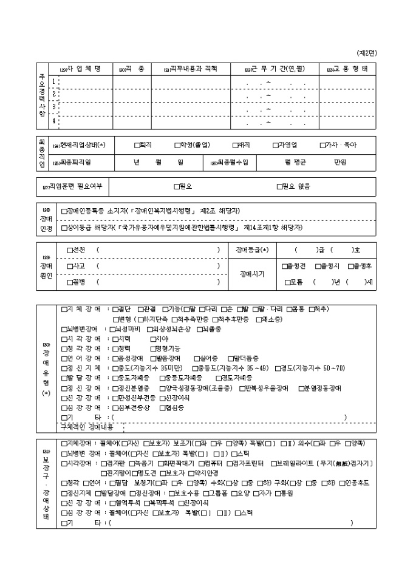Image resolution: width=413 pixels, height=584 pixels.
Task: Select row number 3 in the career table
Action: pos(54,107)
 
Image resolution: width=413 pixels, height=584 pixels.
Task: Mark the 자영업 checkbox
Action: pos(275,145)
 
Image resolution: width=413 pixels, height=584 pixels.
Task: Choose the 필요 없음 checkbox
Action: pos(279,187)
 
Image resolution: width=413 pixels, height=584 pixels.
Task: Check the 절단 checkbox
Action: pos(116,310)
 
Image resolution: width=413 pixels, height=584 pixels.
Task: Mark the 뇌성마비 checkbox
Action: pos(116,329)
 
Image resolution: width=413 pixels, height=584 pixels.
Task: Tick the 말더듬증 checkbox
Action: pos(230,358)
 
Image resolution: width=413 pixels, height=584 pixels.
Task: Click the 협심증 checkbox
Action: pos(161,407)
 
